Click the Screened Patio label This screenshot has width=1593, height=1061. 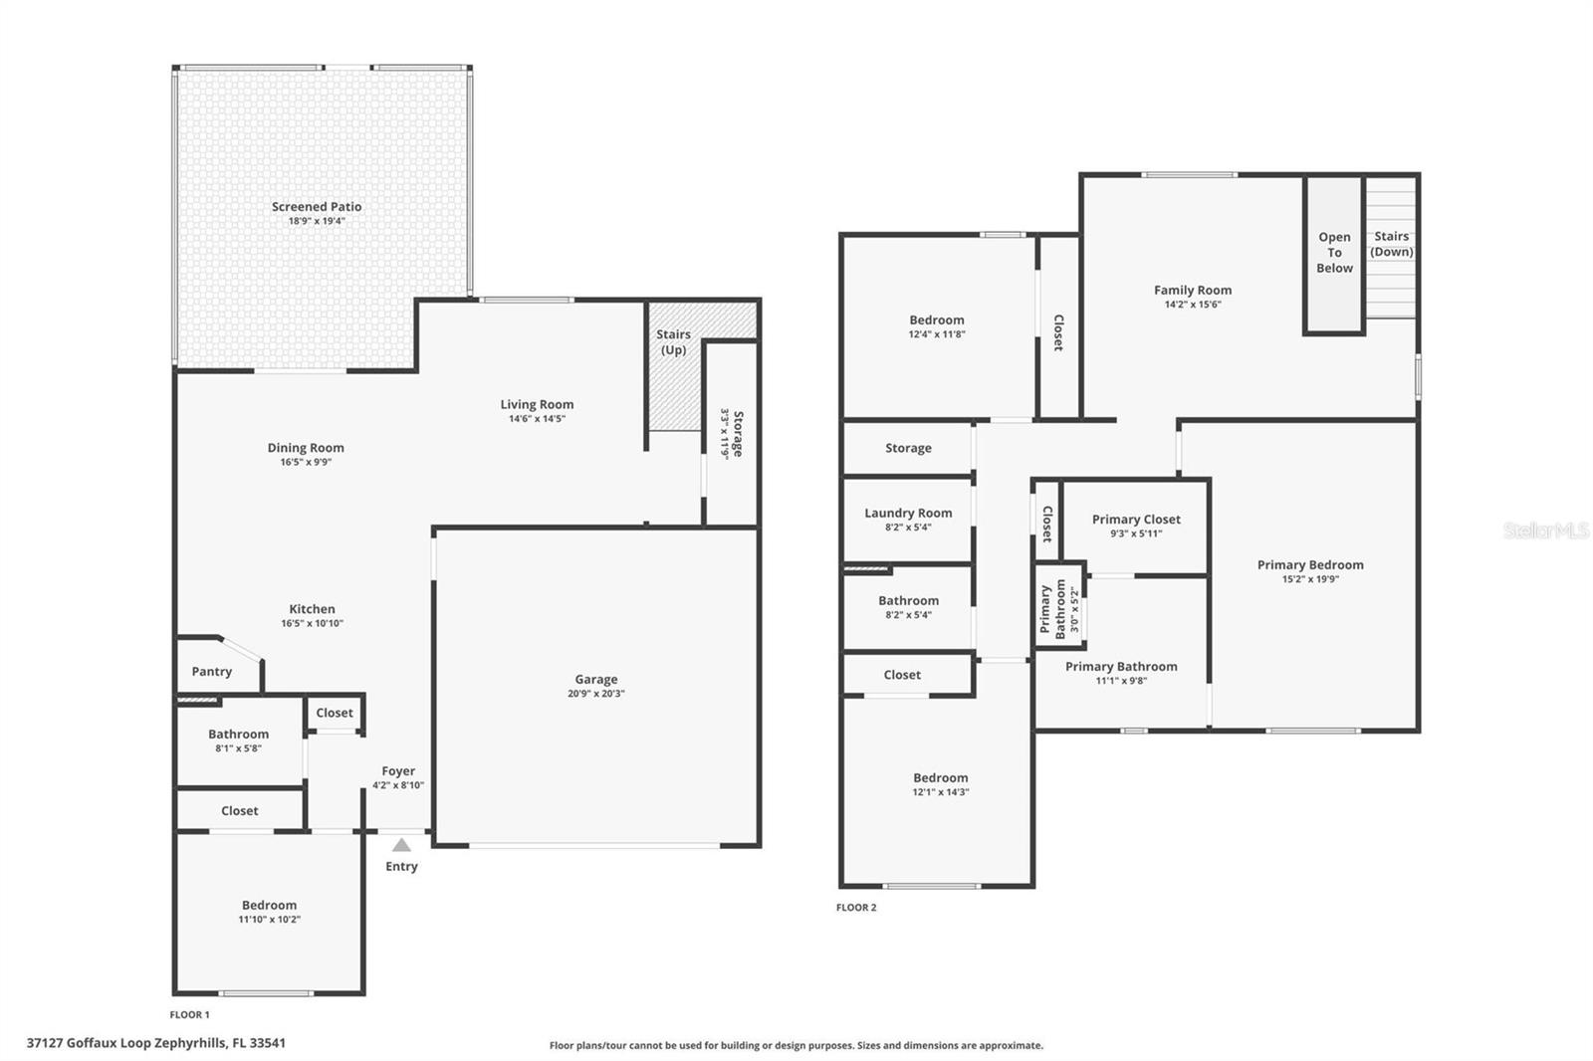[x=317, y=207]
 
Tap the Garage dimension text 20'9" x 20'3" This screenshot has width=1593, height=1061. [x=596, y=694]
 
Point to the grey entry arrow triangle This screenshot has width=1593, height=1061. [x=401, y=845]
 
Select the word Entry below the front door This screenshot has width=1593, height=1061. [x=401, y=866]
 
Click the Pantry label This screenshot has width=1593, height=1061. [x=212, y=671]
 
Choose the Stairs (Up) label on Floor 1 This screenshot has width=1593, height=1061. [x=673, y=342]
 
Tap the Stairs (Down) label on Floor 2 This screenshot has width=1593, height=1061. [x=1392, y=244]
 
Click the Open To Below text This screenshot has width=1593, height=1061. [x=1334, y=253]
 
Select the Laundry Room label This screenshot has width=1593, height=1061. [x=908, y=513]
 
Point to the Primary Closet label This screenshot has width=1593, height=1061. [x=1136, y=520]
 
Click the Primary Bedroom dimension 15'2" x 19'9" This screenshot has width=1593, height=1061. [x=1310, y=579]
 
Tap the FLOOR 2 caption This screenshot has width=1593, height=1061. [x=856, y=908]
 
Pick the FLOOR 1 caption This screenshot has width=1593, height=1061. [x=189, y=1015]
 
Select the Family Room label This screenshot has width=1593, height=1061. [x=1193, y=291]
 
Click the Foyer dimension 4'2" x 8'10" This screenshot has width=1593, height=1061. [x=398, y=785]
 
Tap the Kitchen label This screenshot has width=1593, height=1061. [x=313, y=609]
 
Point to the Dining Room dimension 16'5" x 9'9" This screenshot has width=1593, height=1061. [x=306, y=462]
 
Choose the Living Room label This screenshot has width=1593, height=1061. [x=537, y=404]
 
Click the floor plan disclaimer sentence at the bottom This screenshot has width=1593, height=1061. [x=796, y=1045]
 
